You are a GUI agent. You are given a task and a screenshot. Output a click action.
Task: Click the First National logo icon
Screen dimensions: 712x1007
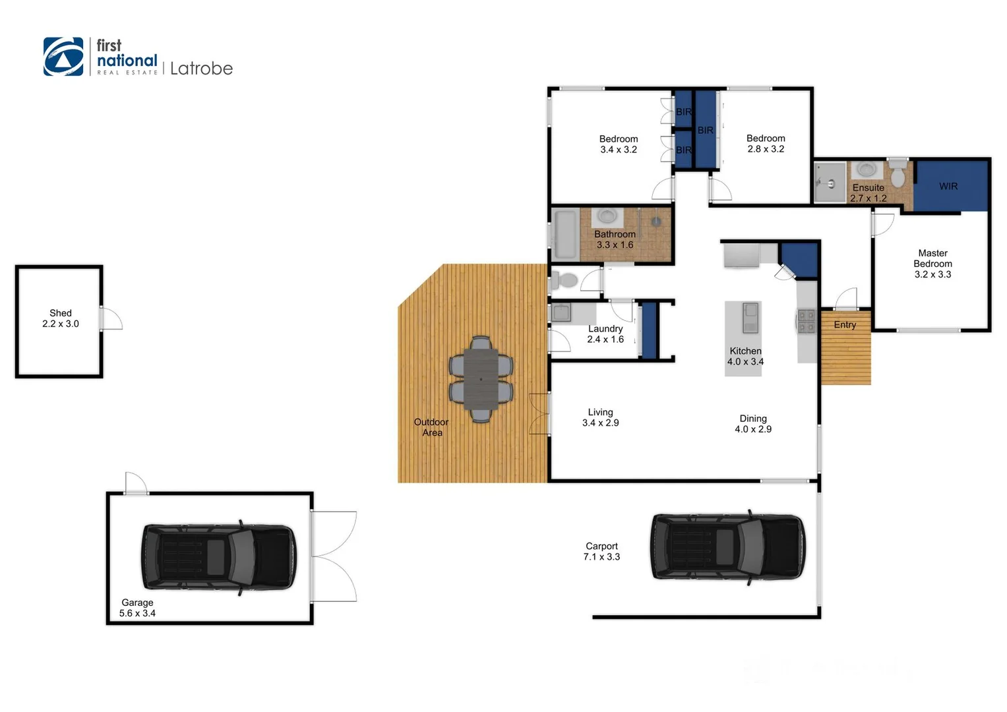[x=63, y=57]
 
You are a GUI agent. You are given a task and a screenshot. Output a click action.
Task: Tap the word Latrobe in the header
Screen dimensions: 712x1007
[x=201, y=69]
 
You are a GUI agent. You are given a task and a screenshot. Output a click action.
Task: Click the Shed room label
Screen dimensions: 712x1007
[x=61, y=318]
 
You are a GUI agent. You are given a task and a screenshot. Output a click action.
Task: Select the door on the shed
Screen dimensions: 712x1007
[x=111, y=318]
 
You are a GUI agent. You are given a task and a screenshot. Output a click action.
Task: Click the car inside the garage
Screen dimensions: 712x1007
[x=218, y=557]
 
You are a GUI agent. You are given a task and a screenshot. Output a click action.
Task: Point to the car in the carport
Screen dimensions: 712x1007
[x=728, y=547]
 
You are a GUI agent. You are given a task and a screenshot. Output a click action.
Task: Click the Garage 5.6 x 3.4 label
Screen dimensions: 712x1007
[x=137, y=608]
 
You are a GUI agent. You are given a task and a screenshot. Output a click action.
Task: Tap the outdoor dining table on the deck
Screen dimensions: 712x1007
[x=481, y=379]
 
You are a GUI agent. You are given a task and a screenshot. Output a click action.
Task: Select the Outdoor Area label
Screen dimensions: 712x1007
[x=431, y=427]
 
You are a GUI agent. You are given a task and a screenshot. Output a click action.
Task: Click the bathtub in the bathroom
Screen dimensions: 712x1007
[x=565, y=235]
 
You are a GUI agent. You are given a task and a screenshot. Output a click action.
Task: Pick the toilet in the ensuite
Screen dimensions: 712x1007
[x=898, y=176]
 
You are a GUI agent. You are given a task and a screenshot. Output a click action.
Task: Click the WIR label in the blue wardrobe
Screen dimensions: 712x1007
[x=948, y=187]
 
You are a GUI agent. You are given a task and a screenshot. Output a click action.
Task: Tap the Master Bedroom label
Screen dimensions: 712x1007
[x=932, y=264]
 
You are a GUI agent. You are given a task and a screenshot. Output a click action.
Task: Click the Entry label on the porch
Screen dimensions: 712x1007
[x=845, y=325]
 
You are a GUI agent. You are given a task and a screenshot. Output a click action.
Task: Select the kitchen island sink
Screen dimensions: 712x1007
[x=750, y=318]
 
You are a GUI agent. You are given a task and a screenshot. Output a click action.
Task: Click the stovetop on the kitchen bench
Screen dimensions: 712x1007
[x=807, y=321]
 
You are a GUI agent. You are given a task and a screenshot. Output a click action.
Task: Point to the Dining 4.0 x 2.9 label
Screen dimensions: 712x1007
[x=753, y=424]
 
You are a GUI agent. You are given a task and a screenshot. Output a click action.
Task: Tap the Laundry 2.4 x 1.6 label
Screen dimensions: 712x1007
[x=605, y=334]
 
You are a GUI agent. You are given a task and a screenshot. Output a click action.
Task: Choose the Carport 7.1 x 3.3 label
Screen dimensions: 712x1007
[x=601, y=552]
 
